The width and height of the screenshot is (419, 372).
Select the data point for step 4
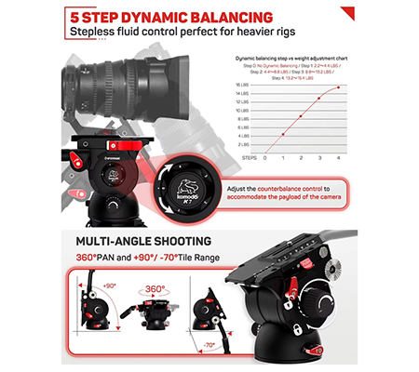(x=337, y=87)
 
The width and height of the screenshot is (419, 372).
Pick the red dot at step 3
(x=319, y=98)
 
